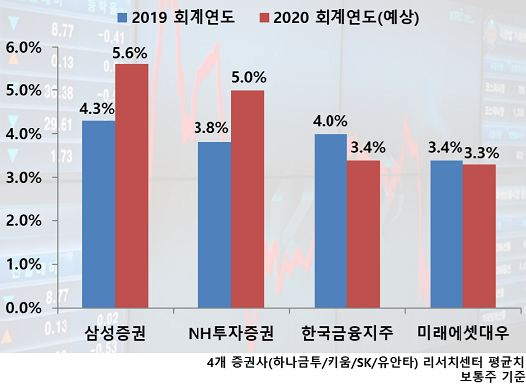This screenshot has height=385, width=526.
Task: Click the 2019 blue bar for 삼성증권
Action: point(98,213)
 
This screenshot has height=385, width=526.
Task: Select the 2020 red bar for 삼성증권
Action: point(131,186)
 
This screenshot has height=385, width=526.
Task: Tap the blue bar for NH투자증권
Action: point(214,224)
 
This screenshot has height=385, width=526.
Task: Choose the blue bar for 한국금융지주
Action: point(330,220)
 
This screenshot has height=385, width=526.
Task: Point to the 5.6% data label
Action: point(131,52)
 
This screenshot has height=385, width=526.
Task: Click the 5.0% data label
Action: point(247,77)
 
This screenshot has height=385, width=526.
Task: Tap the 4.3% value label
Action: point(97,108)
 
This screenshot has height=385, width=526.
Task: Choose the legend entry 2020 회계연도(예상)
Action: point(341,18)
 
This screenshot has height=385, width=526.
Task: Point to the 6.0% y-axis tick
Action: point(24,47)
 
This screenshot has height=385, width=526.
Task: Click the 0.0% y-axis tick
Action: point(24,308)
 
